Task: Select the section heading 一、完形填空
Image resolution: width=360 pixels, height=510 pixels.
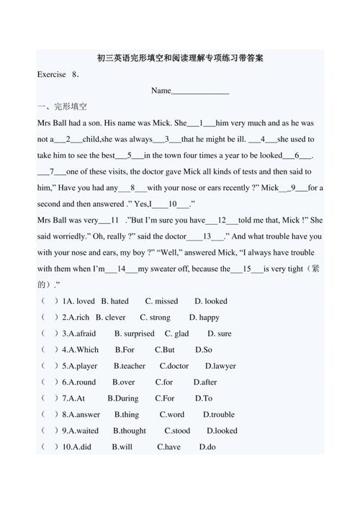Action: point(62,107)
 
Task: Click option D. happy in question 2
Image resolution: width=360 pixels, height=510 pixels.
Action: point(204,317)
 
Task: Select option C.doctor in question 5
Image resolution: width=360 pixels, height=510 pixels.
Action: point(174,366)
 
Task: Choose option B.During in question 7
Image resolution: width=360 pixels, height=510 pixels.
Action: point(123,398)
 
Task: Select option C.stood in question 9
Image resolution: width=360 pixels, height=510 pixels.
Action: point(177,431)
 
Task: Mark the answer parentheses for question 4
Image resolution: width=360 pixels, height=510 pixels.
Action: point(49,349)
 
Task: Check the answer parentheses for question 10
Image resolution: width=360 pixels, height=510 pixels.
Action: point(49,447)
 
